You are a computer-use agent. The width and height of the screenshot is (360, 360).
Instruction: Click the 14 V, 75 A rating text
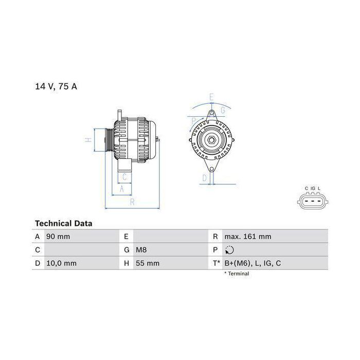tap(56, 86)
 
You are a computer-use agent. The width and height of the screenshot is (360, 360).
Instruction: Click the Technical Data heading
tap(64, 223)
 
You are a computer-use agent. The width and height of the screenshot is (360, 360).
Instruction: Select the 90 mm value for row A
tap(58, 237)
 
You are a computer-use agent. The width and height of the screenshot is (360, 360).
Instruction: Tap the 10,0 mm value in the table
tap(62, 263)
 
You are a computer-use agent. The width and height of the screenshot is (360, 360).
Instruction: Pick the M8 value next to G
tap(141, 250)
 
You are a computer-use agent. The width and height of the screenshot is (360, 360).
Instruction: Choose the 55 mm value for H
tap(148, 263)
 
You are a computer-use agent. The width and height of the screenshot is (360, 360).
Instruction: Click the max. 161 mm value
tap(248, 237)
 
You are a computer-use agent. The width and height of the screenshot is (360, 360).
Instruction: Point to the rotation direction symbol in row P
tap(229, 250)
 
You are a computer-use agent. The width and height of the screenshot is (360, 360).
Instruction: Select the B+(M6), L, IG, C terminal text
tap(253, 263)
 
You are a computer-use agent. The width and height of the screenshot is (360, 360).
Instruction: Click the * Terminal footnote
tap(237, 274)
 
